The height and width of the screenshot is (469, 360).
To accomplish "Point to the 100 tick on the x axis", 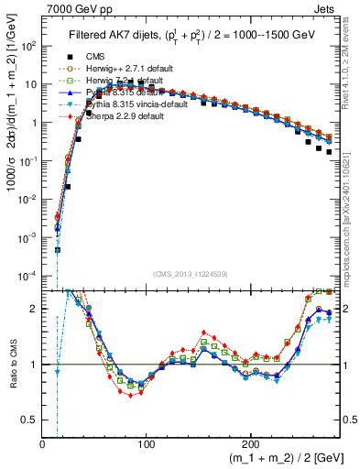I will click(x=146, y=443).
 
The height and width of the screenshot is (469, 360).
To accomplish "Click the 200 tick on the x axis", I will click(x=247, y=443).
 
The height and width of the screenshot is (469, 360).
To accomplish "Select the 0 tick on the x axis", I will click(x=43, y=443).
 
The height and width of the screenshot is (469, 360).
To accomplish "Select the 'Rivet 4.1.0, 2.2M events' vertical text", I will click(x=353, y=64).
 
